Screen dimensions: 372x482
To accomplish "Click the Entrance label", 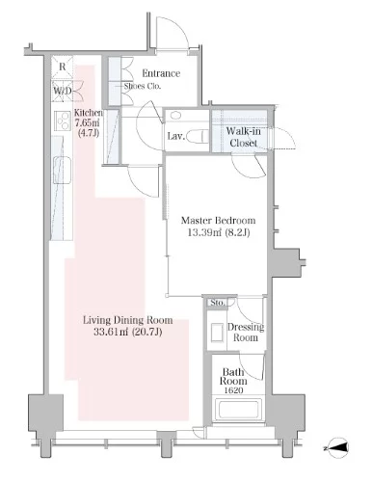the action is (x=161, y=73).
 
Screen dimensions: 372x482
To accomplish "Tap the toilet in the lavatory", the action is (x=197, y=136).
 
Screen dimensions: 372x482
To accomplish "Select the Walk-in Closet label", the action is (x=243, y=137).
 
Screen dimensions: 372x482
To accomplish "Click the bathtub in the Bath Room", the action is (x=239, y=409).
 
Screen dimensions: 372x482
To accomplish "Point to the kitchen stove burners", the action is (x=63, y=120).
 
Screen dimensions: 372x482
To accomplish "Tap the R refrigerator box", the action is (x=63, y=67).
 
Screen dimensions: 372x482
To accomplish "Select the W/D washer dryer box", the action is (x=63, y=91).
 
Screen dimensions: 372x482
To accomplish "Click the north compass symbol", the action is (x=336, y=447).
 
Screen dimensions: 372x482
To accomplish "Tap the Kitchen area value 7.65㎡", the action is (x=87, y=122).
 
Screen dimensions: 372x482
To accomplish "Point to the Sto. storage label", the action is (x=218, y=303).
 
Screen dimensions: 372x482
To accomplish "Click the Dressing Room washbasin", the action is (x=217, y=333).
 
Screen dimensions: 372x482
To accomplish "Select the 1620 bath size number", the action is (x=233, y=390).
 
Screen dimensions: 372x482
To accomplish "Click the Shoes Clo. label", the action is (x=143, y=86).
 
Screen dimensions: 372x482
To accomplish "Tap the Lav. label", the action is (x=176, y=136).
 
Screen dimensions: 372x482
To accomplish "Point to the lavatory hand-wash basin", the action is (x=175, y=115).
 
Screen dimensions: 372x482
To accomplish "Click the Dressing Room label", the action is (x=246, y=333).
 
